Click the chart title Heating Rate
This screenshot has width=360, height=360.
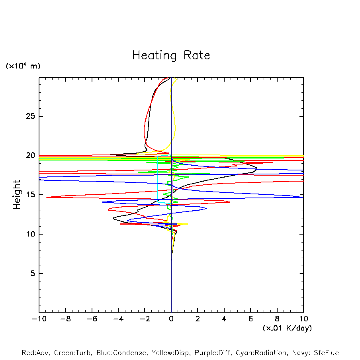(x=171, y=55)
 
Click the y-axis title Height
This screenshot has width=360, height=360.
(x=17, y=195)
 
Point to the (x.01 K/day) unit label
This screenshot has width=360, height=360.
(x=287, y=328)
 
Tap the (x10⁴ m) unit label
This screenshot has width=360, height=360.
(x=23, y=66)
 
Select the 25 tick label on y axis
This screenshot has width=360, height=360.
(x=31, y=116)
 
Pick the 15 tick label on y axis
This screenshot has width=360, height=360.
(x=31, y=195)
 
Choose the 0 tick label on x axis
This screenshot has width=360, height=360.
(x=171, y=319)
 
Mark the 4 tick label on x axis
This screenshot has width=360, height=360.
(x=224, y=319)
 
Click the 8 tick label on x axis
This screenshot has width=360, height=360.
(x=277, y=319)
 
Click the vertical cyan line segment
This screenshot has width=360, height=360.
(x=158, y=179)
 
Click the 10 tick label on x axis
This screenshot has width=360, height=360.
(x=303, y=319)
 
